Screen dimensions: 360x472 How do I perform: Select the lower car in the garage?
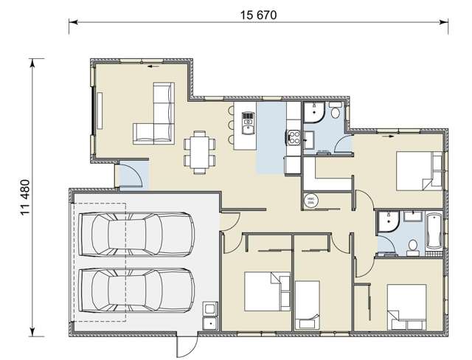(x=136, y=291)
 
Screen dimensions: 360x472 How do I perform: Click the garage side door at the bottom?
(x=186, y=341)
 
